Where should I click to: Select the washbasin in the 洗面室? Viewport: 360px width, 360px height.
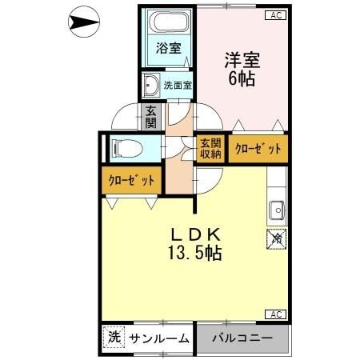click(150, 83)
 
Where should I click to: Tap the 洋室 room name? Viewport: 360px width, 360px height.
click(242, 58)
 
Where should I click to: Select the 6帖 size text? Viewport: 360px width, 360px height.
click(242, 78)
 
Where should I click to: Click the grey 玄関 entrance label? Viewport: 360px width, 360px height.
click(151, 117)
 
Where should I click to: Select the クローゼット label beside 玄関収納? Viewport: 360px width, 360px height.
click(258, 149)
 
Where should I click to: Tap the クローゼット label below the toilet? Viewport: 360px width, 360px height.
click(131, 181)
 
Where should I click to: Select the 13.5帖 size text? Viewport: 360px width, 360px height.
click(194, 254)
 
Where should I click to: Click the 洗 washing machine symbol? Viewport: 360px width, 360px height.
click(114, 338)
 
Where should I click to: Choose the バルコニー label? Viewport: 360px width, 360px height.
click(242, 338)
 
